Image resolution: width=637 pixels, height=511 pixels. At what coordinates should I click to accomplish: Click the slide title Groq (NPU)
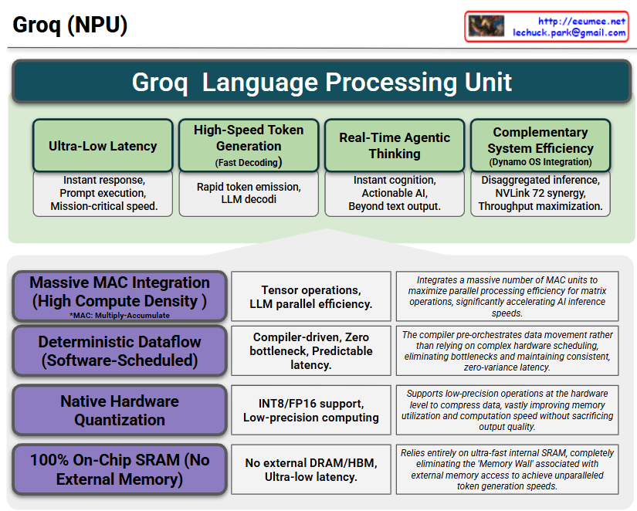tap(70, 25)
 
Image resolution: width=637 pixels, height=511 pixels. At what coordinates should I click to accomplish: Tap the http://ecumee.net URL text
tap(581, 21)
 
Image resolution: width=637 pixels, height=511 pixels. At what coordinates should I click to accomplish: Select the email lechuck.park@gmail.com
tap(569, 33)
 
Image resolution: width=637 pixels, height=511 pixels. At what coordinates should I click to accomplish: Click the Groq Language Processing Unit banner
tap(322, 83)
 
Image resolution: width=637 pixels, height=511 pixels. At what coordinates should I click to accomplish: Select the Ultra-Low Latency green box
tap(103, 146)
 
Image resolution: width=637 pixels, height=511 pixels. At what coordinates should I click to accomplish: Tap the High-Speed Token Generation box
tap(249, 145)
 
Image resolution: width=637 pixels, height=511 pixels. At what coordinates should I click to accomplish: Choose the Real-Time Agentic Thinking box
tap(395, 145)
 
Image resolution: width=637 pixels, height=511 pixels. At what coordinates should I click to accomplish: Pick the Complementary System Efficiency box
tap(540, 145)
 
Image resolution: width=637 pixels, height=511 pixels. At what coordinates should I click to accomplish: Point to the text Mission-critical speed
tap(103, 206)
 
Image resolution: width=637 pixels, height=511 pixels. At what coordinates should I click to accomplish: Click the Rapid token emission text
tap(249, 187)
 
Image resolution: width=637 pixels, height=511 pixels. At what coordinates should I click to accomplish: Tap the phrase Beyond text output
tap(395, 206)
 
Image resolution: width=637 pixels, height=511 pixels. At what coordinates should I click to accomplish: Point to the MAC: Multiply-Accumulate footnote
tap(120, 315)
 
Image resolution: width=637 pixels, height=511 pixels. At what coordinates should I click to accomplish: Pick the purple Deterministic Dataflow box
tap(120, 350)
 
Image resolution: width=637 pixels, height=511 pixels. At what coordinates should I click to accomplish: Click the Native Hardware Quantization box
tap(120, 410)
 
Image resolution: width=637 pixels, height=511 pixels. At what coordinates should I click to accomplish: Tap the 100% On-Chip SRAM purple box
tap(120, 469)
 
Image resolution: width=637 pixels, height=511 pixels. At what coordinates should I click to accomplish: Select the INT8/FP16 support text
tap(310, 403)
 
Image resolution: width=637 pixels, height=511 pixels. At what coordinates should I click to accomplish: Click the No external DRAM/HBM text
tap(310, 462)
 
